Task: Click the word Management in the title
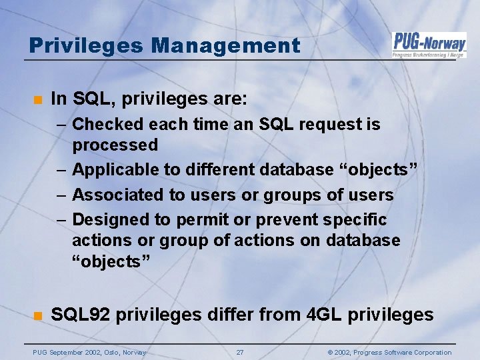pos(225,45)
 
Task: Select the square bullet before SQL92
pos(37,315)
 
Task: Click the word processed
pos(115,145)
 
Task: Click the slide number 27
pos(240,352)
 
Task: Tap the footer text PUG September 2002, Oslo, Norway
pos(90,352)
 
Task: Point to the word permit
pos(199,219)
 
